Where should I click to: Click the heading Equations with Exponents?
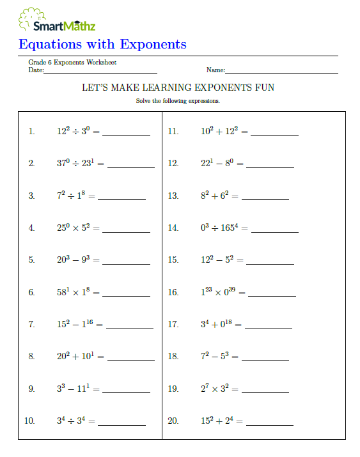pos(102,44)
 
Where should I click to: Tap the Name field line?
pos(281,72)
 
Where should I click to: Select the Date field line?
pos(100,72)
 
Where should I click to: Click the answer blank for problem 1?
pos(126,134)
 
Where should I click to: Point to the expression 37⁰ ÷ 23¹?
pos(78,163)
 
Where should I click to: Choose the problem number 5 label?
pos(31,260)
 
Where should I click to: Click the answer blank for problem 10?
pos(121,424)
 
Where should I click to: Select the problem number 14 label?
pos(173,228)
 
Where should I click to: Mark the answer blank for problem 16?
pos(272,295)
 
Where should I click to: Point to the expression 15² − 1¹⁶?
pos(79,324)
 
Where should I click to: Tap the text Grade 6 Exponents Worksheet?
pos(72,63)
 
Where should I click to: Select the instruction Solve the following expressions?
pos(178,101)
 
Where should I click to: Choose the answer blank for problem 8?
pos(126,360)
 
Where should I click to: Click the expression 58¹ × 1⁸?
pos(76,292)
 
